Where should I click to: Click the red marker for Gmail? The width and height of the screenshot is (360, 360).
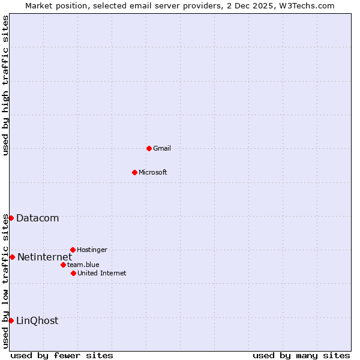point(149,148)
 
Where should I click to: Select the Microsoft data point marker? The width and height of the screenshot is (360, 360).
point(134,172)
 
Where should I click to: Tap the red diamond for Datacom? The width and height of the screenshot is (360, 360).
point(11,218)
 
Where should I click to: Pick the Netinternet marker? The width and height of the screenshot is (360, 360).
point(12,257)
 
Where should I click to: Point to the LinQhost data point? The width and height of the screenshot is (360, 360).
point(11,320)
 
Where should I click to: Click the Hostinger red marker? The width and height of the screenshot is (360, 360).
point(73,250)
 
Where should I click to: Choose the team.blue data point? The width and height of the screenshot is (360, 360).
point(63,265)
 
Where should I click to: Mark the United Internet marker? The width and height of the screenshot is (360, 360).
point(73,273)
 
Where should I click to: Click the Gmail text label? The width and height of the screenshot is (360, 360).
point(162,148)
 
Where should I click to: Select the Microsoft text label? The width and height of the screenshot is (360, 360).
point(153,172)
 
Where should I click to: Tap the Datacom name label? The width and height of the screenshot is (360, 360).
point(38,218)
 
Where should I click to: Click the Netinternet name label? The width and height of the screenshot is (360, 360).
point(44,257)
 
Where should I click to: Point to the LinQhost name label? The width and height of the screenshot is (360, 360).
point(37,320)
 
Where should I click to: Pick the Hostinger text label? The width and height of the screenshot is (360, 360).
point(92,250)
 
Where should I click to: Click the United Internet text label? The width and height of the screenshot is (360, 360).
point(102,273)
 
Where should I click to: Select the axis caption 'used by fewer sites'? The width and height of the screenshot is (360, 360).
point(62,355)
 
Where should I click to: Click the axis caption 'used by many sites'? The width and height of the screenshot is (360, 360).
point(301,355)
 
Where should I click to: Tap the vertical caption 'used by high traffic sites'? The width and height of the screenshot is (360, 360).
point(5,85)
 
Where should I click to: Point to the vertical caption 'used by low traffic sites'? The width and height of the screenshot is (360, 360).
point(5,281)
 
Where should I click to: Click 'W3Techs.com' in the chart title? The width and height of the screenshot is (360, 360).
point(305,5)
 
